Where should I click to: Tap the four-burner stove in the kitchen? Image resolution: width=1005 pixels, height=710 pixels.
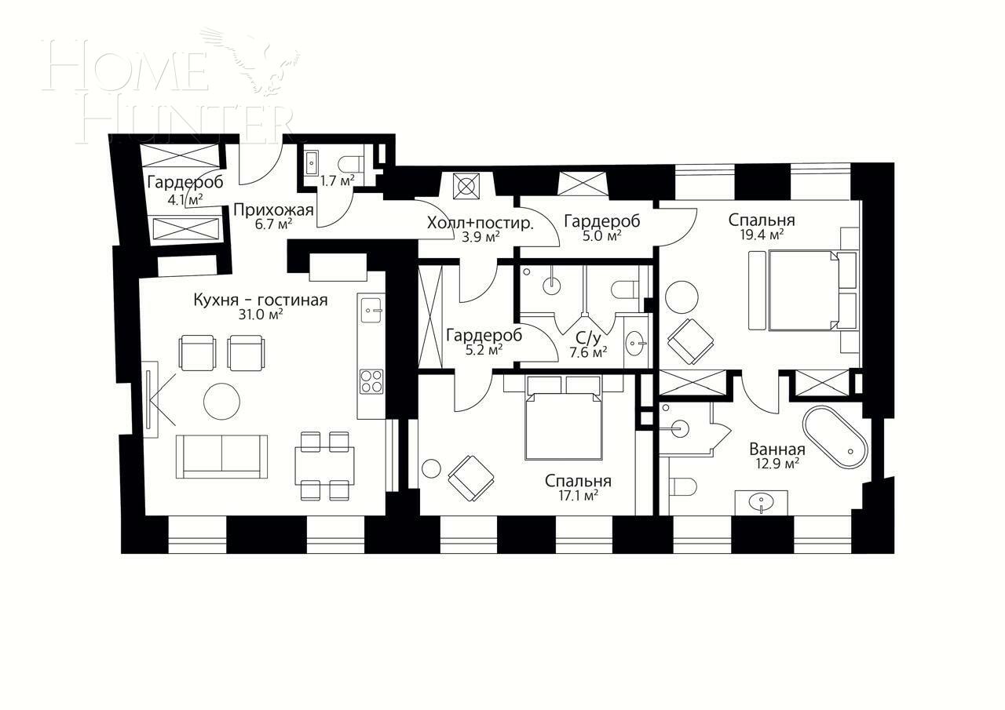click(x=371, y=381)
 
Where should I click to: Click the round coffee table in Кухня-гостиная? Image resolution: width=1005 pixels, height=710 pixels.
click(x=221, y=401)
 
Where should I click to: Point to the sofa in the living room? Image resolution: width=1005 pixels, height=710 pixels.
click(x=221, y=456)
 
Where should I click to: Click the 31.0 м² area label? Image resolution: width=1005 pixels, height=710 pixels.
click(x=260, y=315)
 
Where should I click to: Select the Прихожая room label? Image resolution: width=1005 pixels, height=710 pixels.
click(x=273, y=209)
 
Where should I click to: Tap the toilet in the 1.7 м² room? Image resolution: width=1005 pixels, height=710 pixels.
click(x=351, y=163)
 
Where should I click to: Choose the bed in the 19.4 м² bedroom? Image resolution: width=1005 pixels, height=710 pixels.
click(x=802, y=290)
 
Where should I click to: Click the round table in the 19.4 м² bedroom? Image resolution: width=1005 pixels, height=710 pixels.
click(x=682, y=297)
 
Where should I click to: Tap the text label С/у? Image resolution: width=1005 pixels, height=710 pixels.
click(x=588, y=338)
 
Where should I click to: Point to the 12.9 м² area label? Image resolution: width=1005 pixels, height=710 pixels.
click(x=777, y=464)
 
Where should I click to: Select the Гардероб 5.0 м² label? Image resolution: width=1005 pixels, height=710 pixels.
click(x=601, y=221)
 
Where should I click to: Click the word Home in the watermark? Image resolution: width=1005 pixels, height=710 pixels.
click(x=126, y=67)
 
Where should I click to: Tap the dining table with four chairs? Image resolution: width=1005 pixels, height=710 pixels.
click(x=324, y=466)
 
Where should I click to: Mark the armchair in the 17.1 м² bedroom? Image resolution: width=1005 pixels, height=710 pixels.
click(x=471, y=478)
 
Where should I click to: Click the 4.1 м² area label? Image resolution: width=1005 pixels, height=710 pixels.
click(x=185, y=199)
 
